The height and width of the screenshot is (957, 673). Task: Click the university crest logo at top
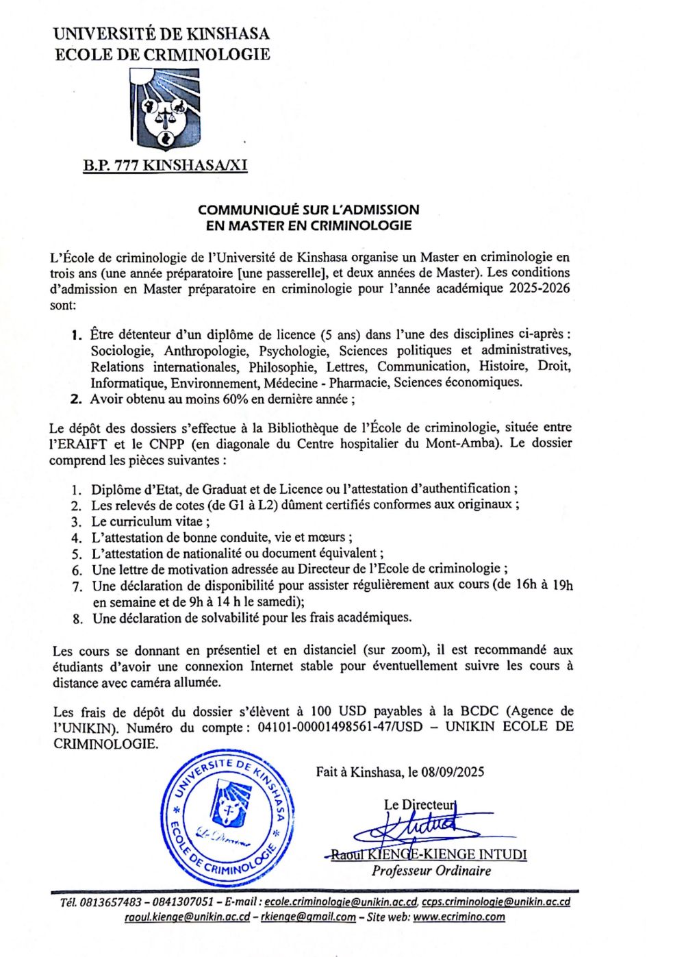pos(164,110)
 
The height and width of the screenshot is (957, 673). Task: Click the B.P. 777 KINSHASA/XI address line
pos(165,165)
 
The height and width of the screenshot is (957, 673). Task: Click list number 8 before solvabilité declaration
pos(77,619)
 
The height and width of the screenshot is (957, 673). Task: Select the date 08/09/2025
pos(453,772)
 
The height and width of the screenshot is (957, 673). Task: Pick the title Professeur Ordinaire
pos(431,871)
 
